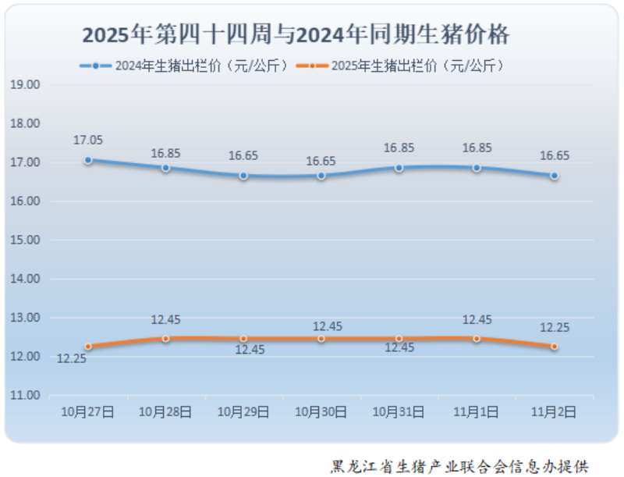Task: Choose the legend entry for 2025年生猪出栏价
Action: pyautogui.click(x=402, y=66)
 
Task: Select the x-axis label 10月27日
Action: pyautogui.click(x=88, y=411)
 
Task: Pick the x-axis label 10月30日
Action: pyautogui.click(x=321, y=411)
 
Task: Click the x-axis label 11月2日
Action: pyautogui.click(x=554, y=411)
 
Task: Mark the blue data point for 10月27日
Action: pyautogui.click(x=88, y=160)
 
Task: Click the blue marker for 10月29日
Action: pyautogui.click(x=243, y=176)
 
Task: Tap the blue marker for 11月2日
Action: pyautogui.click(x=554, y=176)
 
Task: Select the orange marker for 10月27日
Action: pyautogui.click(x=88, y=347)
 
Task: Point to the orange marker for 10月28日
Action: pyautogui.click(x=165, y=339)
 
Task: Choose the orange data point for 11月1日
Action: pyautogui.click(x=477, y=339)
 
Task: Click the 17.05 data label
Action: pyautogui.click(x=88, y=141)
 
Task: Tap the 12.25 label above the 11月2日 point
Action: pyautogui.click(x=554, y=328)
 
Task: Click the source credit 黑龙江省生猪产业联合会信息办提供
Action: pyautogui.click(x=459, y=466)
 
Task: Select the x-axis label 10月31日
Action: pyautogui.click(x=399, y=411)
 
